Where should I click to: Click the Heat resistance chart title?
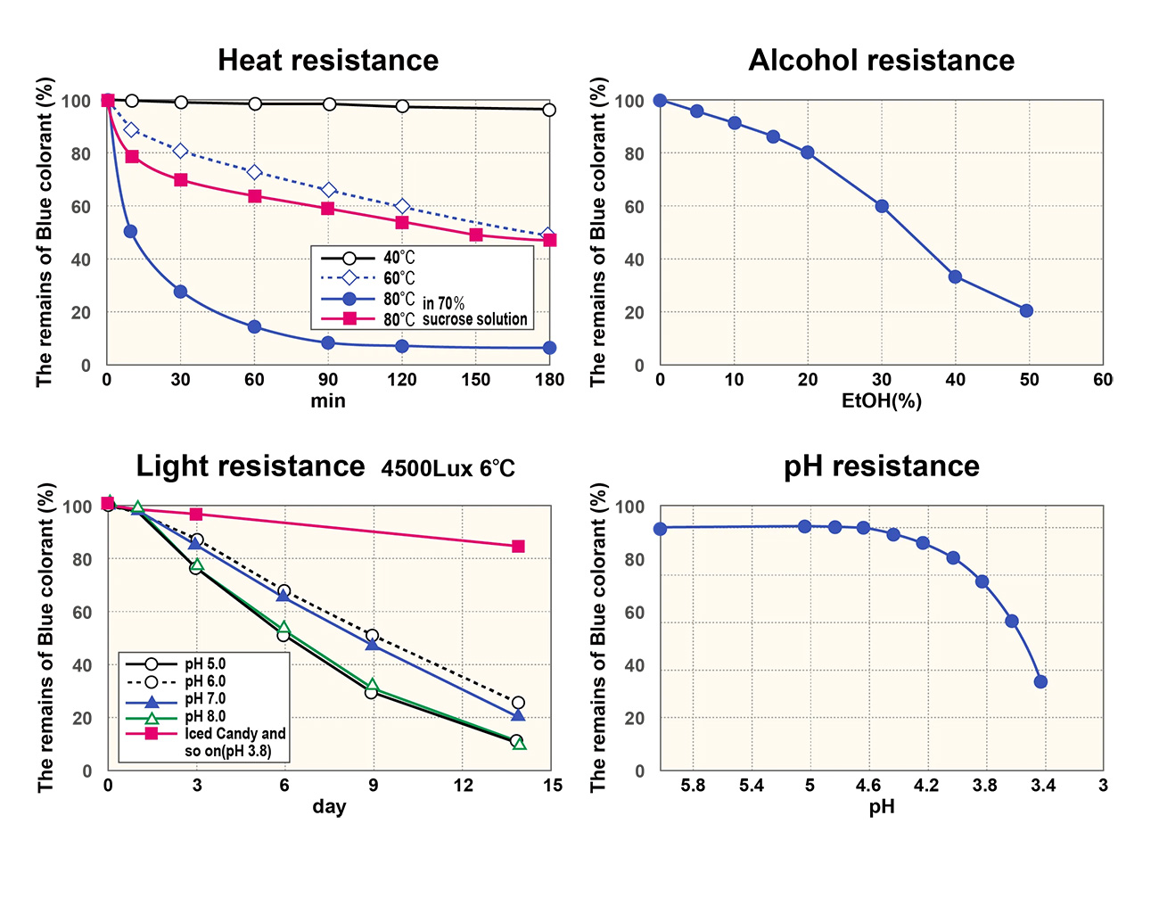[x=328, y=61]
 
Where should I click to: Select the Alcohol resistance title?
[x=881, y=61]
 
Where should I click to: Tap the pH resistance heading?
[x=881, y=466]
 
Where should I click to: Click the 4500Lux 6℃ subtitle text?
[x=448, y=468]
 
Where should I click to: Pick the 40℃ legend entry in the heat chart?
[x=399, y=259]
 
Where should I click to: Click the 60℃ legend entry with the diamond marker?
[x=399, y=279]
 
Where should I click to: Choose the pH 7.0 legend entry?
[x=205, y=699]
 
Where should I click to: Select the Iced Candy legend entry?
[x=234, y=734]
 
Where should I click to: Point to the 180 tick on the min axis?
[x=549, y=380]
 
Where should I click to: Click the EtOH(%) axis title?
[x=881, y=401]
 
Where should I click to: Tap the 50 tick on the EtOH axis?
[x=1029, y=380]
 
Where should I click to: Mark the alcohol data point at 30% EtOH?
[x=882, y=206]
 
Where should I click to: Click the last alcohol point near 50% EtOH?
[x=1026, y=311]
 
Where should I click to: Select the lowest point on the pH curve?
[x=1040, y=682]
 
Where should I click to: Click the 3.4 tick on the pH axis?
[x=1043, y=786]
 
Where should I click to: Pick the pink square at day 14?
[x=518, y=547]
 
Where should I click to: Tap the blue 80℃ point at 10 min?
[x=130, y=232]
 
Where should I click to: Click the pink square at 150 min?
[x=476, y=235]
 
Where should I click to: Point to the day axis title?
[x=328, y=807]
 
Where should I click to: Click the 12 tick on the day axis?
[x=463, y=786]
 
